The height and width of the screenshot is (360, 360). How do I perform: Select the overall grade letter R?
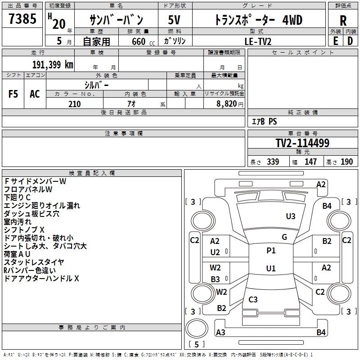point(343,20)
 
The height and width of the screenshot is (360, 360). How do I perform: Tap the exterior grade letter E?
point(335,40)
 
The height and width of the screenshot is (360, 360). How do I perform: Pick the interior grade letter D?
point(350,40)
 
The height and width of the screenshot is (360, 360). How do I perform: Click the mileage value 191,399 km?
point(53,64)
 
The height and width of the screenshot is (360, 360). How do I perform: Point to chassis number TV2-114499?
point(302,143)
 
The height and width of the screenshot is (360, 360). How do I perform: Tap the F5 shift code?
point(13,94)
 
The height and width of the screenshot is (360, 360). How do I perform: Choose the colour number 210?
point(74,104)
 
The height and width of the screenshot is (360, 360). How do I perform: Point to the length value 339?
point(273,162)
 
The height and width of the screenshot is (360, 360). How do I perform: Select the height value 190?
point(346,162)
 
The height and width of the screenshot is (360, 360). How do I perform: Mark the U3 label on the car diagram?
point(291,216)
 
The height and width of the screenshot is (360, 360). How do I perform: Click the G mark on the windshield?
point(284,237)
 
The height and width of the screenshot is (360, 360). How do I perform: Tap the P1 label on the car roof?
point(271,251)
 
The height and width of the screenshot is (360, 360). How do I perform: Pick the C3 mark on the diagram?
point(253,300)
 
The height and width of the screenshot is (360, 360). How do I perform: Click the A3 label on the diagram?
point(220,333)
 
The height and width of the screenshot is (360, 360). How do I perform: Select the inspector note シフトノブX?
point(24,230)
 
